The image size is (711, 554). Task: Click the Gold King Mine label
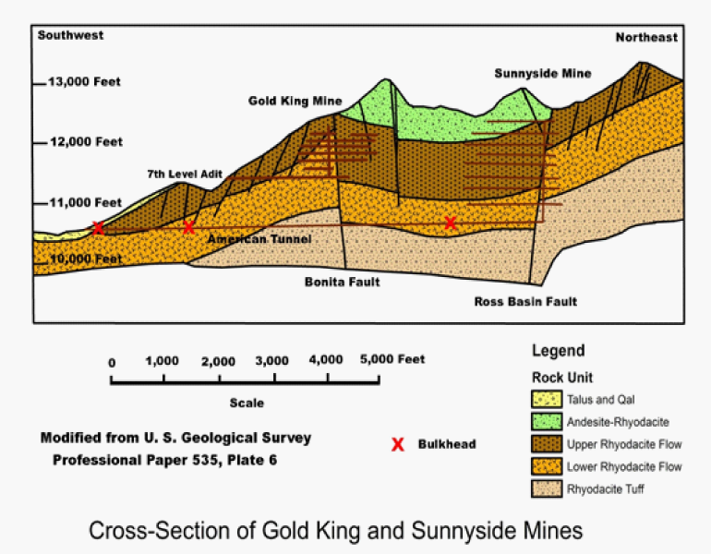point(295,101)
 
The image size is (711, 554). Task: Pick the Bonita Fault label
point(342,282)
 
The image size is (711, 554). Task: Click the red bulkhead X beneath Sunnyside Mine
point(450,223)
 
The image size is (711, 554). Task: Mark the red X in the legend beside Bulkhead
point(398,444)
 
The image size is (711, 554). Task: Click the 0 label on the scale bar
point(112,363)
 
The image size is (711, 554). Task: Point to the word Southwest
point(70,35)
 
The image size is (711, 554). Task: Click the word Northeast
point(646,37)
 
